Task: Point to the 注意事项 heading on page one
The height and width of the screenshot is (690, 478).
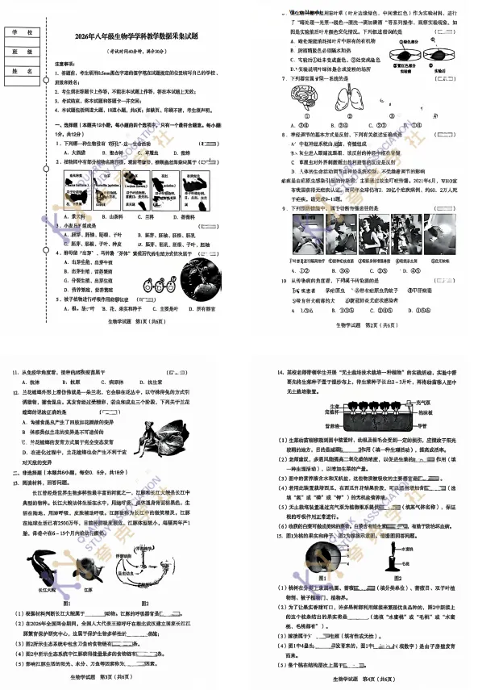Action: click(x=65, y=63)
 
